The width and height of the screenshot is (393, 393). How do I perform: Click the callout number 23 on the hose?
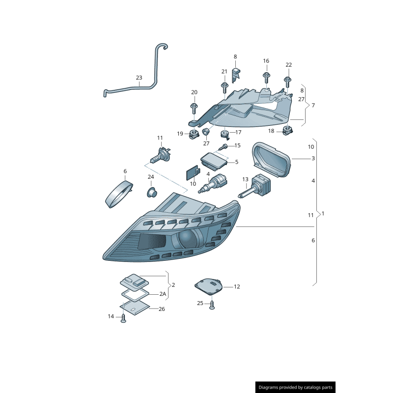click(139, 78)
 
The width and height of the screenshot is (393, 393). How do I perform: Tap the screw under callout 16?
click(266, 78)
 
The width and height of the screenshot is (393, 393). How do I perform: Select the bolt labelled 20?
click(194, 108)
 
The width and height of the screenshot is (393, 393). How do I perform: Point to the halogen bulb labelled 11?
click(161, 155)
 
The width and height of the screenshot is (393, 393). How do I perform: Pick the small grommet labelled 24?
click(152, 192)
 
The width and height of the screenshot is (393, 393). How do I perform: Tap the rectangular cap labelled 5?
click(214, 161)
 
